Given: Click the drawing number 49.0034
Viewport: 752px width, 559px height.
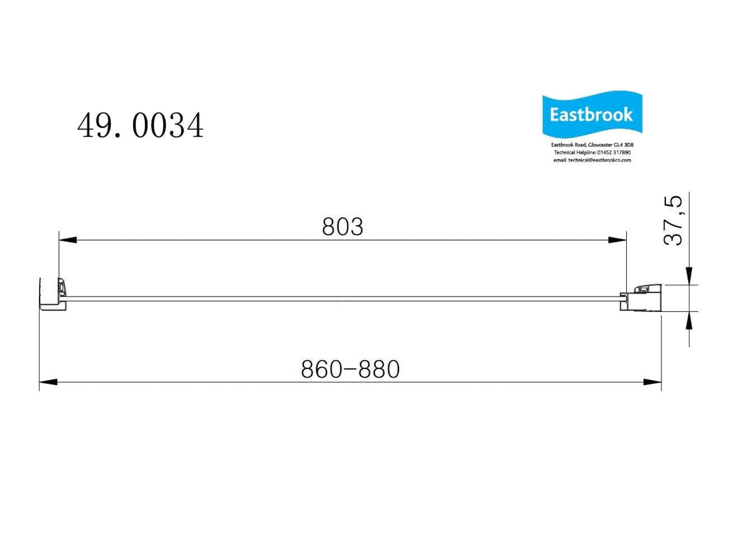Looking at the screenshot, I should coord(140,126).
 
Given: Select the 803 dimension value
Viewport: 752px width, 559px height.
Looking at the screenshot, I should coord(342,227).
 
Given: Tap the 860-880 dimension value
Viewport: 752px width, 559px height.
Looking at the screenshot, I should coord(350,370).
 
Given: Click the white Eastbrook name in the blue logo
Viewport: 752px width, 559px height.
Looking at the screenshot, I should coord(592,115).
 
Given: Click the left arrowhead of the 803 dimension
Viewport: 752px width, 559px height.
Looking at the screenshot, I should coord(67,240).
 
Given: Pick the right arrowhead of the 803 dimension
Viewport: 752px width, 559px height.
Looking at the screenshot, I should coord(618,240).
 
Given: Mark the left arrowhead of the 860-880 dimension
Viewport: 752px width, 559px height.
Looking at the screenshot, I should coord(48,382).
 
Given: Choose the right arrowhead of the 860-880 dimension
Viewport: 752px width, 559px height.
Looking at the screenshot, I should coord(652,382).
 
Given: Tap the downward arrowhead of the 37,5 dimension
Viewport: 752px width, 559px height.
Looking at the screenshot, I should coord(689,277).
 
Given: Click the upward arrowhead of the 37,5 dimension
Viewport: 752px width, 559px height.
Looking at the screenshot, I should coord(689,319).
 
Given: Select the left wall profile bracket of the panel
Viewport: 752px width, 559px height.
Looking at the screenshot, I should coord(52,294).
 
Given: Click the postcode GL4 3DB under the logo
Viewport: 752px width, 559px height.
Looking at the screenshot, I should coord(620,145).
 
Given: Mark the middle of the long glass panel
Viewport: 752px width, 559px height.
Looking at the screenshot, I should coord(344,299).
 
